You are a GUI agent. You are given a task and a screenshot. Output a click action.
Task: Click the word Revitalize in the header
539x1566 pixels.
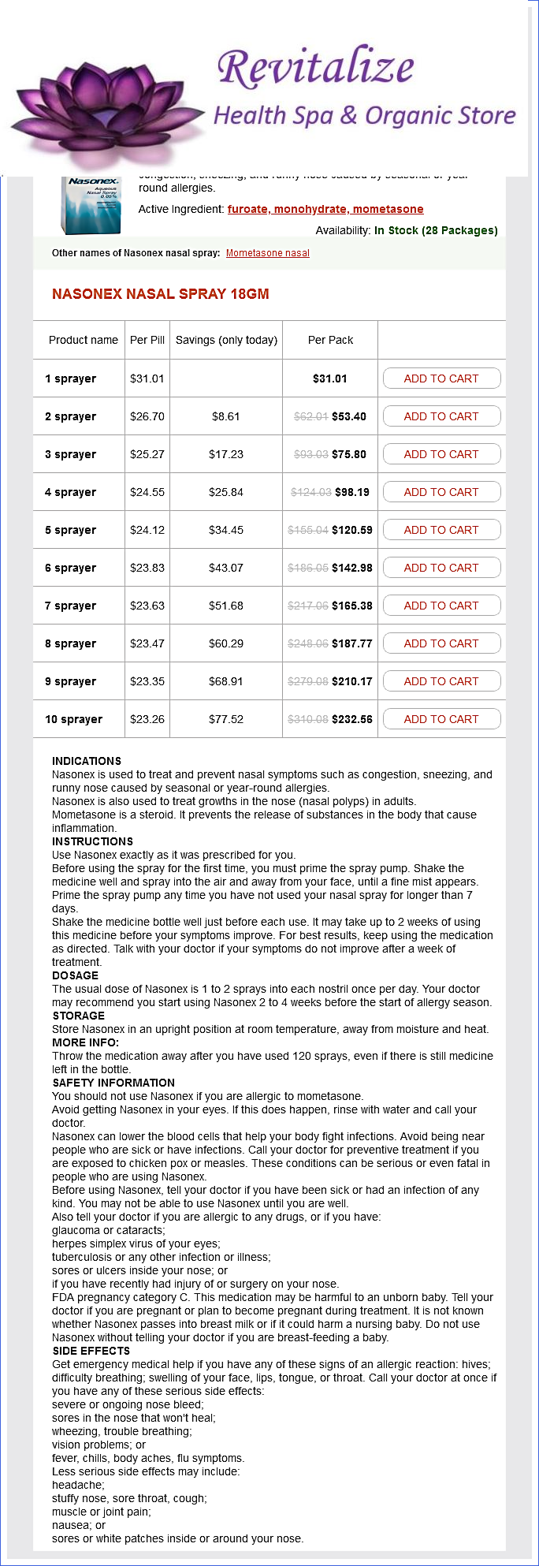pyautogui.click(x=315, y=67)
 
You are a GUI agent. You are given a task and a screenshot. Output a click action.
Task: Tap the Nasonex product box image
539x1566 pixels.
pyautogui.click(x=92, y=204)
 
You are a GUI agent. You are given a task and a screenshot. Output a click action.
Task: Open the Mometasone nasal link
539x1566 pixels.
pyautogui.click(x=267, y=253)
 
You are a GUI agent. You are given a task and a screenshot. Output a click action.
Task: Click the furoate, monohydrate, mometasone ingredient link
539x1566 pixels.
pyautogui.click(x=325, y=209)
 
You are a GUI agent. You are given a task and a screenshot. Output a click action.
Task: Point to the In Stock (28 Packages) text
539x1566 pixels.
pyautogui.click(x=436, y=230)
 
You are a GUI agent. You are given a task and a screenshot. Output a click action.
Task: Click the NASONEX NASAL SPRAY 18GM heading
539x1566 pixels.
pyautogui.click(x=161, y=294)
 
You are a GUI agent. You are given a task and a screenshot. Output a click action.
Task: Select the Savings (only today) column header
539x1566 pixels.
pyautogui.click(x=226, y=340)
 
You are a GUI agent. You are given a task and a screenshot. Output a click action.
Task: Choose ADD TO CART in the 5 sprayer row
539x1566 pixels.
pyautogui.click(x=441, y=530)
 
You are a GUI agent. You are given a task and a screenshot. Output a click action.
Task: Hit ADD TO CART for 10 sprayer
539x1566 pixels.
pyautogui.click(x=441, y=719)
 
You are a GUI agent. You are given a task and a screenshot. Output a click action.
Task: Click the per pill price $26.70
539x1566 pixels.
pyautogui.click(x=147, y=416)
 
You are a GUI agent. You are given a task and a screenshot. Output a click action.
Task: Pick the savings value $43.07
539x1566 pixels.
pyautogui.click(x=226, y=568)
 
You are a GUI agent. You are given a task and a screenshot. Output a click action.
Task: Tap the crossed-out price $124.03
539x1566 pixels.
pyautogui.click(x=310, y=492)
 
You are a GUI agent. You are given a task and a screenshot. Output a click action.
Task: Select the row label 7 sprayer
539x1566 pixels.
pyautogui.click(x=71, y=606)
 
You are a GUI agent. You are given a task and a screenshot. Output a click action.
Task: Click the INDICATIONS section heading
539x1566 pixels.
pyautogui.click(x=87, y=761)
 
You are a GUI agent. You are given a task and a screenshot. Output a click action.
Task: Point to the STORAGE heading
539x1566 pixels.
pyautogui.click(x=78, y=1016)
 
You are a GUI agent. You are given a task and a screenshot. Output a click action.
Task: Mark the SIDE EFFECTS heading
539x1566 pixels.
pyautogui.click(x=91, y=1351)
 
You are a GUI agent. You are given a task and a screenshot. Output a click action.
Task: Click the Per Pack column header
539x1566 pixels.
pyautogui.click(x=330, y=340)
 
